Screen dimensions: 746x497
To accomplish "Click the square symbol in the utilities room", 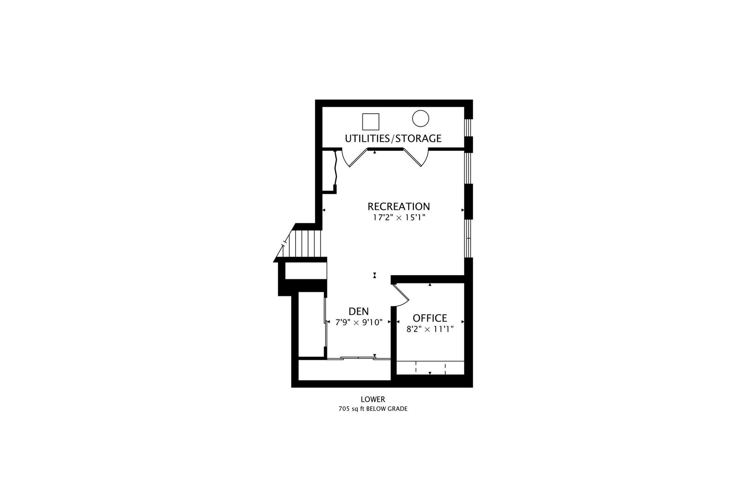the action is [371, 121].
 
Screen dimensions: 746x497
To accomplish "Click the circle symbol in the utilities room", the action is [420, 118].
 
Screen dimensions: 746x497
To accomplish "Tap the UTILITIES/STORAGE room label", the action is [393, 139].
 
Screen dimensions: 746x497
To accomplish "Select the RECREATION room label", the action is [399, 206].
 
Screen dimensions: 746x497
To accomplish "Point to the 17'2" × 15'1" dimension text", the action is [399, 218].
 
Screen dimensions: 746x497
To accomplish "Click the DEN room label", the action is [359, 311].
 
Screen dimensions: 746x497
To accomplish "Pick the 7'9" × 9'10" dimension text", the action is [359, 322].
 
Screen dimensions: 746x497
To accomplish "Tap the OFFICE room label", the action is [430, 318].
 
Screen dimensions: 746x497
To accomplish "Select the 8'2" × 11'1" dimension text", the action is [430, 329].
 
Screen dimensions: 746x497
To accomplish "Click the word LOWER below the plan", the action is [373, 399].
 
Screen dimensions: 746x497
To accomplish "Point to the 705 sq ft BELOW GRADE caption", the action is [373, 409].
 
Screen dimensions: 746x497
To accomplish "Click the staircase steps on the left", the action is [303, 243].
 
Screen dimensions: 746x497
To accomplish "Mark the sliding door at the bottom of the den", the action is [358, 358].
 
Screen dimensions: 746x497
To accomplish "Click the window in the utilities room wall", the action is [469, 127].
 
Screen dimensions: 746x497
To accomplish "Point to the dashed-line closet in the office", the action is [430, 368].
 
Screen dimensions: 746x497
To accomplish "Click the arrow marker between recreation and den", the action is [375, 275].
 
